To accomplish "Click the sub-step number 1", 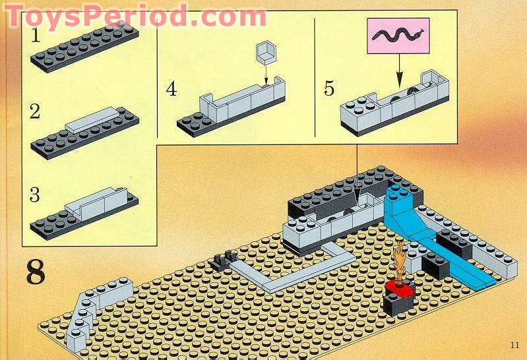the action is [36, 36].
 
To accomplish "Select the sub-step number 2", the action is [35, 111].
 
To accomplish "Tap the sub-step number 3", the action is [34, 195].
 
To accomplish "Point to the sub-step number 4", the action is [171, 89].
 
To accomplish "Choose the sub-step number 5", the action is [329, 88].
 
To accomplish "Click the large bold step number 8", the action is [36, 272].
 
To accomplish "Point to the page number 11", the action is [514, 345].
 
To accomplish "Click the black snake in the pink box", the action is [398, 36].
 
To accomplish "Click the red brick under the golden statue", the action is [400, 289].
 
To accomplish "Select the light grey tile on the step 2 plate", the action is [92, 119].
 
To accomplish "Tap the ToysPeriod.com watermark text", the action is [136, 15].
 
